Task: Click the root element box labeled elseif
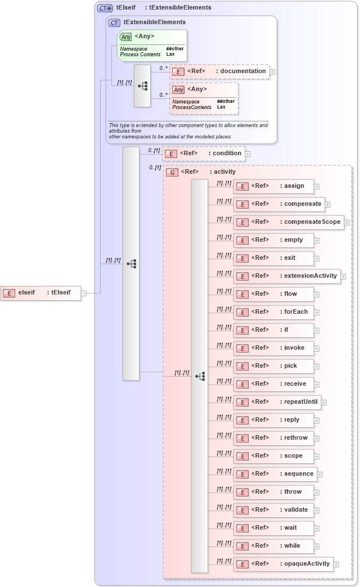[x=40, y=292]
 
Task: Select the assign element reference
[x=274, y=186]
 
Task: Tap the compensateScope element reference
[x=289, y=222]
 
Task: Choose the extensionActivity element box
[x=287, y=276]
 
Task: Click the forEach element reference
[x=274, y=312]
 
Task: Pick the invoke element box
[x=274, y=348]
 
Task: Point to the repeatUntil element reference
[x=277, y=402]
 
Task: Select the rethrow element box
[x=274, y=438]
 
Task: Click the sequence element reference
[x=275, y=474]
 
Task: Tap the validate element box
[x=274, y=510]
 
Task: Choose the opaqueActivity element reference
[x=283, y=564]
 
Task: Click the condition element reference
[x=203, y=153]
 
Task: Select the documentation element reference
[x=219, y=71]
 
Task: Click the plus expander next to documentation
[x=272, y=72]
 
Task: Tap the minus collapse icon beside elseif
[x=83, y=293]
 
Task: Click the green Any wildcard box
[x=152, y=45]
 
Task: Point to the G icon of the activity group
[x=173, y=172]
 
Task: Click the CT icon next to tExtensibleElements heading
[x=114, y=22]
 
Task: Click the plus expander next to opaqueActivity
[x=336, y=565]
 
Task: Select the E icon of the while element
[x=242, y=547]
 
